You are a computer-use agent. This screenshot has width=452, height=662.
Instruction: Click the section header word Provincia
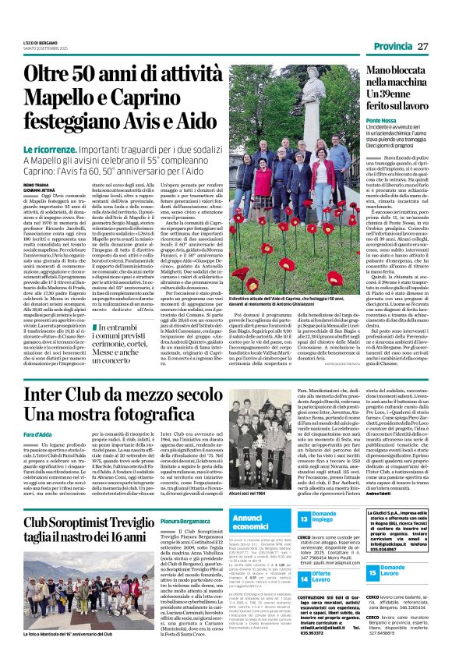392,46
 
